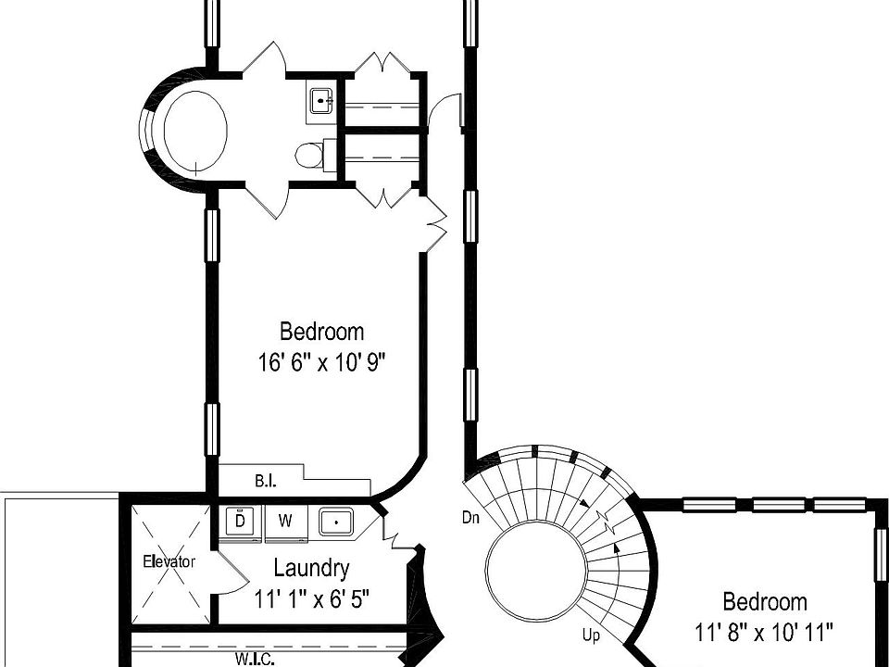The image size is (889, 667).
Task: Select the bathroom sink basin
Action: pyautogui.click(x=321, y=99)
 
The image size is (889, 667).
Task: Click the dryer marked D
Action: pyautogui.click(x=240, y=521)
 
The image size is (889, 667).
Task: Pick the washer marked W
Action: pyautogui.click(x=285, y=522)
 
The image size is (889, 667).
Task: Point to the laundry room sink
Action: pyautogui.click(x=336, y=522)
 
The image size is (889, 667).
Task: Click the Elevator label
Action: pyautogui.click(x=169, y=561)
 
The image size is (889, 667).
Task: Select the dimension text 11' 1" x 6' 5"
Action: pyautogui.click(x=312, y=598)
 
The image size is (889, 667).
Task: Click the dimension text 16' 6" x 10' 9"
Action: pyautogui.click(x=321, y=362)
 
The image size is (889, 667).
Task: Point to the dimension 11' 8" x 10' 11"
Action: pyautogui.click(x=764, y=633)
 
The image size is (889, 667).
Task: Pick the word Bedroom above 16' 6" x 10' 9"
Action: pyautogui.click(x=321, y=331)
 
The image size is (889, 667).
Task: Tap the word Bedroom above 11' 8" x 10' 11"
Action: pyautogui.click(x=764, y=602)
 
